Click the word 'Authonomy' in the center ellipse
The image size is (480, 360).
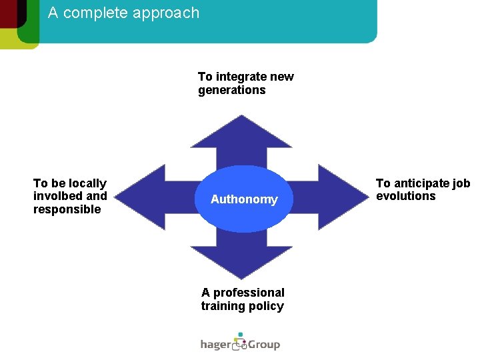(x=244, y=199)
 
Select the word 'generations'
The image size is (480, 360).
(x=231, y=90)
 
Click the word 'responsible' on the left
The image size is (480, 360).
(x=67, y=209)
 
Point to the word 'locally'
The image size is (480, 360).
(x=87, y=183)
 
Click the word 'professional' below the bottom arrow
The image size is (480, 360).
(x=249, y=293)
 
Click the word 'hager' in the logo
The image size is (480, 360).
(x=215, y=345)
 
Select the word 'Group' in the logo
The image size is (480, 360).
(x=265, y=345)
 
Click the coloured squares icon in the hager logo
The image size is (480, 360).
(x=239, y=341)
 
